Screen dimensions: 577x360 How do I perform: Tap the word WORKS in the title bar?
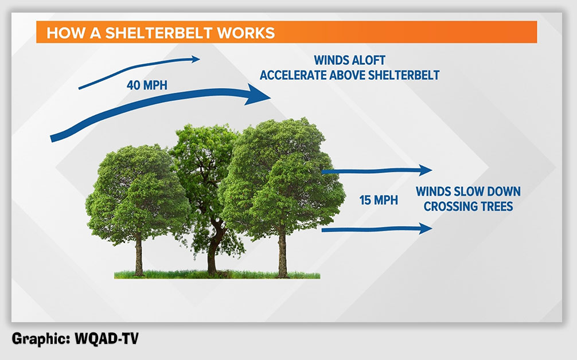pyautogui.click(x=246, y=33)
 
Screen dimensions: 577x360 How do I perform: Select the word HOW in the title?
pyautogui.click(x=62, y=33)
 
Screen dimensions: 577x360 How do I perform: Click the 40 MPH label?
pyautogui.click(x=147, y=85)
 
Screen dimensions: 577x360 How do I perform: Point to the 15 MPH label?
pyautogui.click(x=379, y=200)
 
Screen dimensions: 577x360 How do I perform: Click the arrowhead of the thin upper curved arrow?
pyautogui.click(x=194, y=59)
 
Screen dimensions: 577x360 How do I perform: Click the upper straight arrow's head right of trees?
pyautogui.click(x=426, y=170)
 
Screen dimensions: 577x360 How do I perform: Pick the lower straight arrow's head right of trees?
pyautogui.click(x=426, y=228)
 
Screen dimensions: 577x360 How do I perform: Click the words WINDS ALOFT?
pyautogui.click(x=350, y=60)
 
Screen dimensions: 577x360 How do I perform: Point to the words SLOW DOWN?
pyautogui.click(x=487, y=191)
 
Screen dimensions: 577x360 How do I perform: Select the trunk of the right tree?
pyautogui.click(x=282, y=252)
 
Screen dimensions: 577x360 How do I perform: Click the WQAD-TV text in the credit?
pyautogui.click(x=106, y=338)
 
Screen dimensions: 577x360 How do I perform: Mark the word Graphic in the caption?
pyautogui.click(x=41, y=339)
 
